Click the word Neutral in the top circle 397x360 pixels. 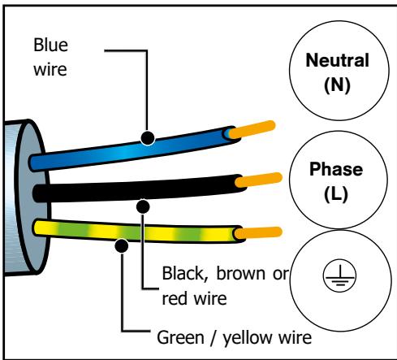[337, 60]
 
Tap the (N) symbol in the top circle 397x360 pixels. [337, 85]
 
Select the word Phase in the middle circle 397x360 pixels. [336, 169]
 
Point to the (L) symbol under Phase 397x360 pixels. [336, 194]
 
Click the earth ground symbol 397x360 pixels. [339, 275]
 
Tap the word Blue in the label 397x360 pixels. [50, 45]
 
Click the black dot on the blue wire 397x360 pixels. [148, 138]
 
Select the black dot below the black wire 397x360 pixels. [143, 207]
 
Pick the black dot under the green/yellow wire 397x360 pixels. [122, 246]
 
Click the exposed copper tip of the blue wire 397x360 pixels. [252, 129]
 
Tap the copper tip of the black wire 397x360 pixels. [258, 180]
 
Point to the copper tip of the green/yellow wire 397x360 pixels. [258, 233]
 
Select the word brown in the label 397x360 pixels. [241, 274]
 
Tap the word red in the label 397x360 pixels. [175, 298]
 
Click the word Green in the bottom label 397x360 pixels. [180, 337]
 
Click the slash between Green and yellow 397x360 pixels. [214, 338]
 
